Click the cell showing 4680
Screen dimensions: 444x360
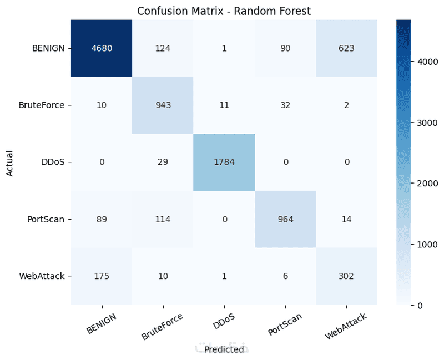[102, 48]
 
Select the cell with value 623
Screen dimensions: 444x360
[346, 48]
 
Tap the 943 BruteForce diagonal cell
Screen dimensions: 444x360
[163, 105]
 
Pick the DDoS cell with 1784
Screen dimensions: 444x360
[224, 162]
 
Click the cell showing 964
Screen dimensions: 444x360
[285, 219]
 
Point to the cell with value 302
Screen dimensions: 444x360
[346, 276]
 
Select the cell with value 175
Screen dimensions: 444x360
[102, 276]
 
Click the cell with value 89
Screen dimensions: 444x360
[102, 219]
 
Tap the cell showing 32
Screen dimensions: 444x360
[285, 105]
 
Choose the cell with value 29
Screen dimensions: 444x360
[163, 162]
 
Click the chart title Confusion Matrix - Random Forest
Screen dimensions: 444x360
[224, 11]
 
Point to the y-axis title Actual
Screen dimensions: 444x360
[9, 164]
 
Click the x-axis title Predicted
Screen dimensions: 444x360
[224, 349]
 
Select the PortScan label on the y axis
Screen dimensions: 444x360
[46, 219]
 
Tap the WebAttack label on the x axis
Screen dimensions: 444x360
[345, 326]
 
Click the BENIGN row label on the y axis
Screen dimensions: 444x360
[48, 48]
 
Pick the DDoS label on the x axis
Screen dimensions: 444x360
[224, 321]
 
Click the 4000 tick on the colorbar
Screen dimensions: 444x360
[427, 62]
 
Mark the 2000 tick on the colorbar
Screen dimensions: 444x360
[427, 184]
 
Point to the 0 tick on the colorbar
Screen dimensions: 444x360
[420, 306]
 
